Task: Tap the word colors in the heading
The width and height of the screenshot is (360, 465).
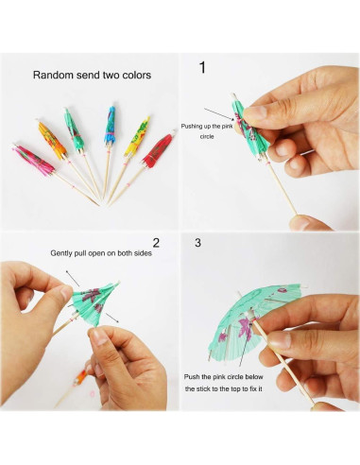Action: pos(137,75)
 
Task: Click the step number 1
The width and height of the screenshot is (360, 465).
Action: pos(202,67)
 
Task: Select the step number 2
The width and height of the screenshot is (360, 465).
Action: pos(156,243)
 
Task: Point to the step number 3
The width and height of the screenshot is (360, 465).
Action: pos(197,243)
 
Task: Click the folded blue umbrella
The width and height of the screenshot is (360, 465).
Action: pos(110,126)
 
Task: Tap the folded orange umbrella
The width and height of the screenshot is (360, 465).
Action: pos(51,140)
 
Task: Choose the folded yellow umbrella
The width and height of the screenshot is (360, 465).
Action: pos(137,136)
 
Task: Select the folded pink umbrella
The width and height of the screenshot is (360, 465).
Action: pos(34,160)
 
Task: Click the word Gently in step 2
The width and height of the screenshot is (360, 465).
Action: pos(60,253)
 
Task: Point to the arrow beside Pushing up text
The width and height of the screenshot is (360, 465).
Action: pos(219,114)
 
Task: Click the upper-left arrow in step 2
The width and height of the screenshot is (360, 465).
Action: pos(72,278)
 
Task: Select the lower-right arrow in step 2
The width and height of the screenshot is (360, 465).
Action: pos(111,318)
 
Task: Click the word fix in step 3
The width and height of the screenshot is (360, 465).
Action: pos(254,388)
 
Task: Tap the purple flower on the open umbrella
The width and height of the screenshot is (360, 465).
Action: pos(246,325)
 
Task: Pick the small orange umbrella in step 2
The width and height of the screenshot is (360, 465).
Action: pos(80,378)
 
